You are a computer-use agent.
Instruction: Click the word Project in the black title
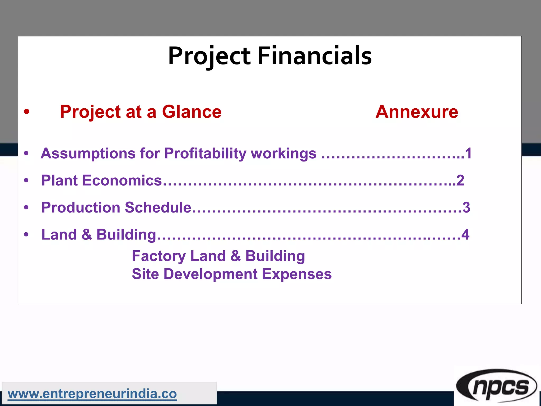pos(209,56)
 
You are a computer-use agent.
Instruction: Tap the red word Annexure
pos(417,112)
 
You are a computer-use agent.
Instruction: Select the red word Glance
pos(192,112)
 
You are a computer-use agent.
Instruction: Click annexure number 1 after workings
pos(468,154)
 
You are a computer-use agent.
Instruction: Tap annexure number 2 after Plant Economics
pos(460,181)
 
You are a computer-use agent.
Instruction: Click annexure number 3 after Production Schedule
pos(466,207)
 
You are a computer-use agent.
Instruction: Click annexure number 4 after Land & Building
pos(465,234)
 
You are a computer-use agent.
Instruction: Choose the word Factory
pos(159,256)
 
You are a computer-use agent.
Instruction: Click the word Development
pos(211,274)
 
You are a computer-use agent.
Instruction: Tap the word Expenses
pos(297,274)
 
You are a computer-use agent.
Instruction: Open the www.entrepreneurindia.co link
pos(92,394)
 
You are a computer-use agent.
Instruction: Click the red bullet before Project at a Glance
pos(26,112)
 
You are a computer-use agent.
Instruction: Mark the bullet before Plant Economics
pos(26,181)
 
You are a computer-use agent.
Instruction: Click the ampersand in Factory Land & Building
pos(235,256)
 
